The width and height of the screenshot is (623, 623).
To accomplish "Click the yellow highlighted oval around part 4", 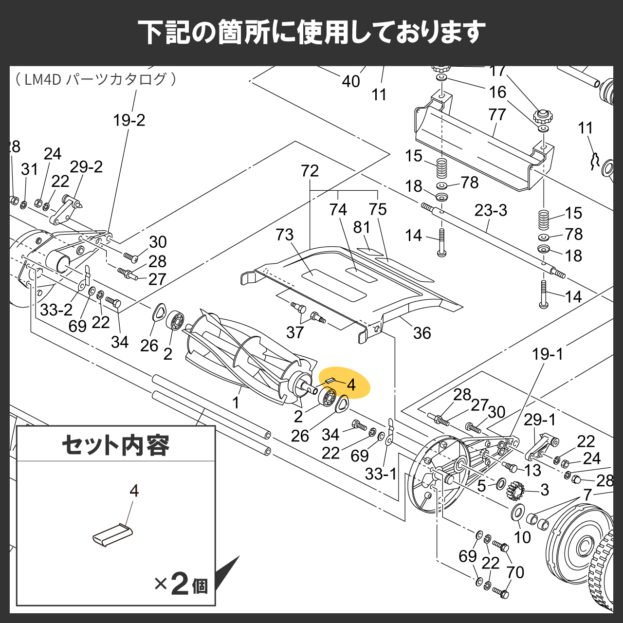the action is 344,383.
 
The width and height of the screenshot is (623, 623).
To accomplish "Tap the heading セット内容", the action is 115,445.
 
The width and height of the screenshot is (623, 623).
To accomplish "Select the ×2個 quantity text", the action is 181,584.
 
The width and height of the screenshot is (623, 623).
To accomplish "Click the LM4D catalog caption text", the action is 96,79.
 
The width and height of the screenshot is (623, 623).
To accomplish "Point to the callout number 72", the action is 310,171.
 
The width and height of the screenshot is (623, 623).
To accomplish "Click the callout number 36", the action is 422,333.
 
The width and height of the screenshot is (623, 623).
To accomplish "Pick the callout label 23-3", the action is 491,210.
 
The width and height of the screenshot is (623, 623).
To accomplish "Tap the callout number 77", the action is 497,114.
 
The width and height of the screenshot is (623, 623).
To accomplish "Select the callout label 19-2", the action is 129,120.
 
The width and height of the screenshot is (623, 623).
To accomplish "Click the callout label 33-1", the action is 381,474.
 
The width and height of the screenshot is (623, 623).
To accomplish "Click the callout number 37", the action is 295,332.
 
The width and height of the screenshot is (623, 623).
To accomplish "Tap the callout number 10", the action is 522,537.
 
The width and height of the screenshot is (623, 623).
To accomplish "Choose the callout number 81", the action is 362,227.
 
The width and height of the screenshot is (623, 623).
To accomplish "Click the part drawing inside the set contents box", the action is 112,535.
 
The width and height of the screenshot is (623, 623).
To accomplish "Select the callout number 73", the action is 285,235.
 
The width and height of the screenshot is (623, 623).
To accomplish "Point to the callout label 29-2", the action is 86,167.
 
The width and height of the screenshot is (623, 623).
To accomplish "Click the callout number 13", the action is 532,470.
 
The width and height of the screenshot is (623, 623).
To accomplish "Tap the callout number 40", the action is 351,81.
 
